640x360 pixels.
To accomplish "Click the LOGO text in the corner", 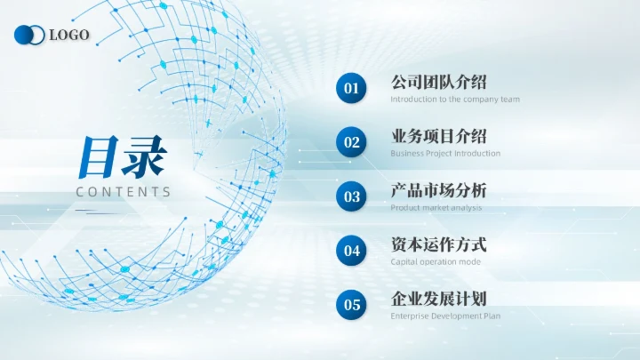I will (x=69, y=35).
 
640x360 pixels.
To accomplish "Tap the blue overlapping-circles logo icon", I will (x=29, y=35).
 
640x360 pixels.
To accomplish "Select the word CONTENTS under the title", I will (x=124, y=191).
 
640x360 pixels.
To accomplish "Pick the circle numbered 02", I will (x=352, y=142).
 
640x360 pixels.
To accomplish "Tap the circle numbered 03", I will (x=352, y=196).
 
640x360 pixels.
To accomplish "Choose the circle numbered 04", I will (x=352, y=251).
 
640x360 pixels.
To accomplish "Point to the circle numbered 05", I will (x=352, y=305).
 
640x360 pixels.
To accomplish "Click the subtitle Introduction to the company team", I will (x=455, y=99).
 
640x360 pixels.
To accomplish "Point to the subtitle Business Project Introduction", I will (x=445, y=153).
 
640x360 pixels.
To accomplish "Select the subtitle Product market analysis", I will (x=436, y=207).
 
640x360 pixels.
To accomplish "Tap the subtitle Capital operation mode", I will (x=436, y=261).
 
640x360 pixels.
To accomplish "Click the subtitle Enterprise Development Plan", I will (x=445, y=316).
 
